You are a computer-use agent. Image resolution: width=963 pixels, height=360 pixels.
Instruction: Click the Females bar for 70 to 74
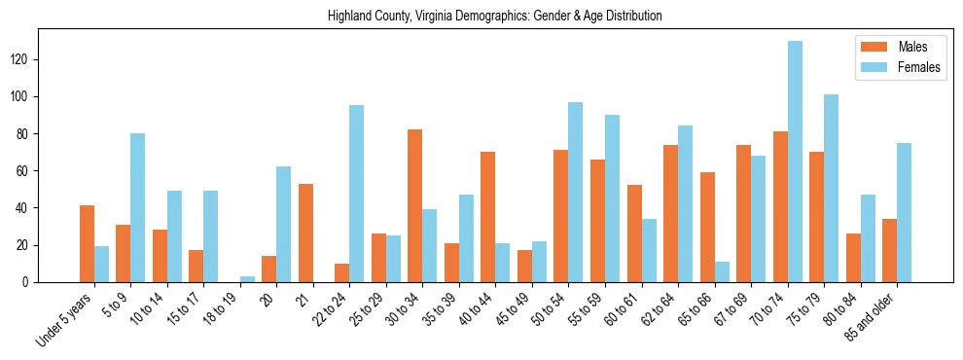[x=796, y=162]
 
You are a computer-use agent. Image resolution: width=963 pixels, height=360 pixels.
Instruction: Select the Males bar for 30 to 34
[x=415, y=205]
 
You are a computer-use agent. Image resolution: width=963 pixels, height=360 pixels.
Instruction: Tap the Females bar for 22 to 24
[x=357, y=194]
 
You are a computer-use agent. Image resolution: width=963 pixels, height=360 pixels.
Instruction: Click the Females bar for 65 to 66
[x=722, y=271]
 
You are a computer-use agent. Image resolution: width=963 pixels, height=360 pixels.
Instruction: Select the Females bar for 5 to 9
[x=138, y=207]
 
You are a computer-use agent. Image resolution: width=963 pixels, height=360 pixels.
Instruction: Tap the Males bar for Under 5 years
[x=87, y=243]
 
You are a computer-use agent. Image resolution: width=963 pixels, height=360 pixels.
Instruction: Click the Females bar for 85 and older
[x=905, y=212]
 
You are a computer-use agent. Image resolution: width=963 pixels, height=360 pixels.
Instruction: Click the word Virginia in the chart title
[x=441, y=16]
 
